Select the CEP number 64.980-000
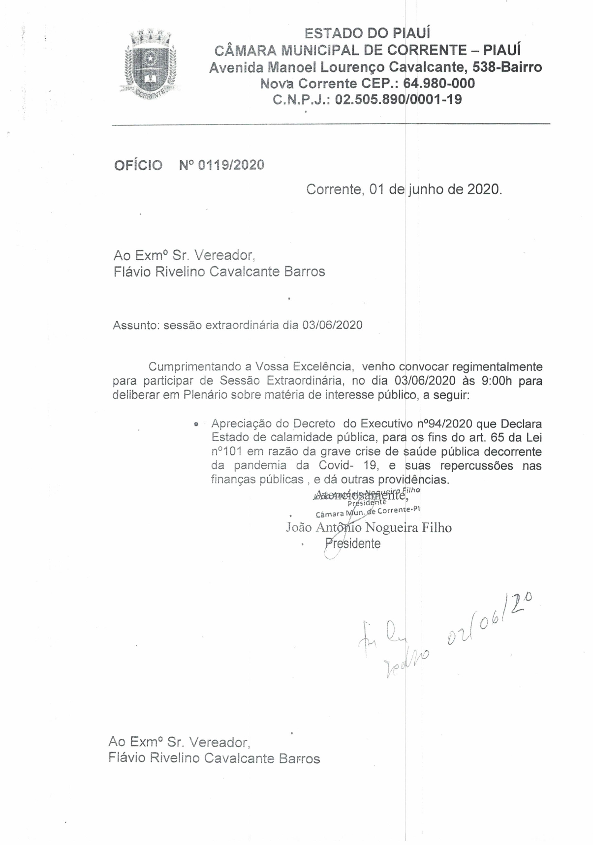pyautogui.click(x=439, y=83)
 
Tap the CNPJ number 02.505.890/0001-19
pyautogui.click(x=398, y=99)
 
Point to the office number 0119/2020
pyautogui.click(x=231, y=165)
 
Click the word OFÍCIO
pyautogui.click(x=138, y=165)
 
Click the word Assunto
pyautogui.click(x=134, y=325)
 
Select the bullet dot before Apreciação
pyautogui.click(x=196, y=423)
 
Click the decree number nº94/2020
pyautogui.click(x=445, y=423)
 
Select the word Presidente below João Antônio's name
pyautogui.click(x=353, y=543)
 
